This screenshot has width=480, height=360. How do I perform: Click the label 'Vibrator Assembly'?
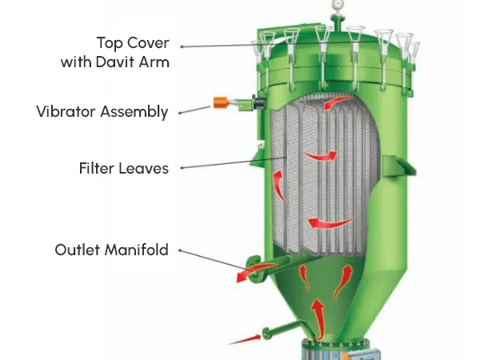(102, 112)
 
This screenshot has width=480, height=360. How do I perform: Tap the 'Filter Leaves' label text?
(124, 168)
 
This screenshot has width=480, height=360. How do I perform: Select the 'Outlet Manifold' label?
(112, 250)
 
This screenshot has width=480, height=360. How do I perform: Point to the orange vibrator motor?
(221, 102)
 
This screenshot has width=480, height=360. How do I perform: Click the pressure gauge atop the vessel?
(338, 4)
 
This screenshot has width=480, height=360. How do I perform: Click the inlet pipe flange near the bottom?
(267, 334)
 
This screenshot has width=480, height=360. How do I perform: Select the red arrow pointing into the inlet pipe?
(246, 339)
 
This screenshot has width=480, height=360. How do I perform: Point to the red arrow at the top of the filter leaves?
(338, 102)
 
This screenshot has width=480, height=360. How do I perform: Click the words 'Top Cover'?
(133, 42)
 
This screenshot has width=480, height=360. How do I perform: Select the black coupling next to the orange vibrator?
(258, 102)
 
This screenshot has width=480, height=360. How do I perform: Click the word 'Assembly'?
(134, 112)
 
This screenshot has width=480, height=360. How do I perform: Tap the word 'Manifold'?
(137, 250)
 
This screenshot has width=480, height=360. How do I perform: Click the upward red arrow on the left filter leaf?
(278, 186)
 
